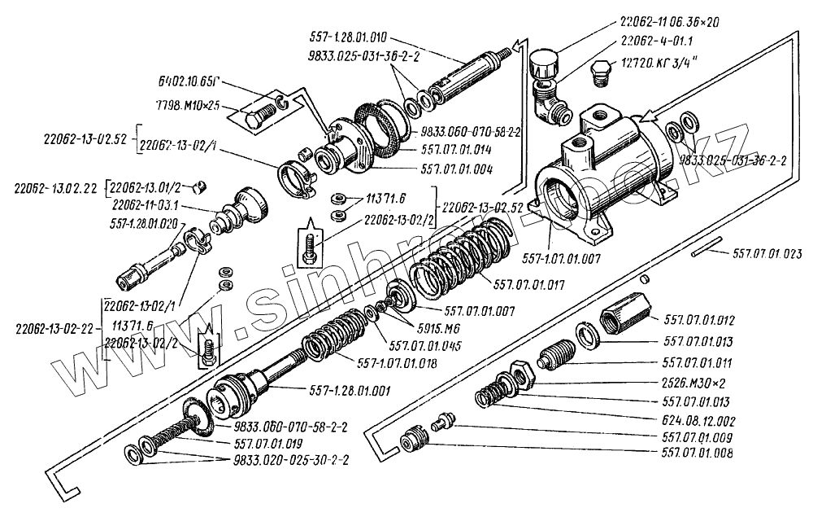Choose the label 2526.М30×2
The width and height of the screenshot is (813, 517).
coord(698,382)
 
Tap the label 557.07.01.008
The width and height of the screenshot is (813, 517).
coord(698,454)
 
